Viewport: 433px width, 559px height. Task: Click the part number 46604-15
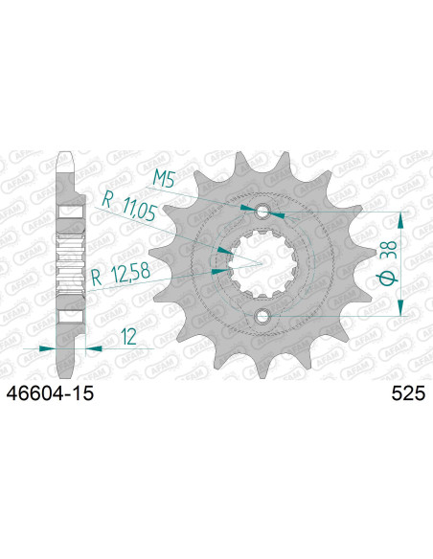tap(50, 393)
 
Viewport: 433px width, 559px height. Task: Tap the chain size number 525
tap(408, 393)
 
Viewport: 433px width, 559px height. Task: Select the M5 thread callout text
tap(164, 179)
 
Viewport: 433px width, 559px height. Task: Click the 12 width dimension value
tap(128, 337)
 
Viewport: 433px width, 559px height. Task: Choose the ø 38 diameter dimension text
tap(388, 263)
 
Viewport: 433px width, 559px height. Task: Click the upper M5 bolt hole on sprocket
tap(262, 212)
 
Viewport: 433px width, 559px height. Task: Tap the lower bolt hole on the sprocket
tap(262, 316)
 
